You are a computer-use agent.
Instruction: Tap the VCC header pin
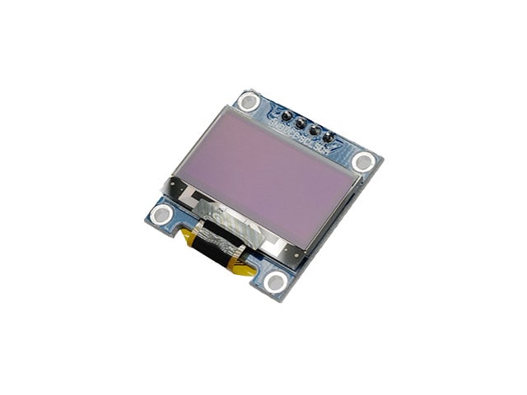click(x=301, y=123)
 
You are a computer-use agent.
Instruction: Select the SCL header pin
click(x=314, y=130)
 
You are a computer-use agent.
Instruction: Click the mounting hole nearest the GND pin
click(x=248, y=102)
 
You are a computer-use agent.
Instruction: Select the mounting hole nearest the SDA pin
click(x=363, y=161)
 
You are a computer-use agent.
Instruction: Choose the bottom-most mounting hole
click(x=277, y=282)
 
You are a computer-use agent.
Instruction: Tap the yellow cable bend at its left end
click(x=189, y=239)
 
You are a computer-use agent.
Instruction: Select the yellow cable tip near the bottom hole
click(x=242, y=267)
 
